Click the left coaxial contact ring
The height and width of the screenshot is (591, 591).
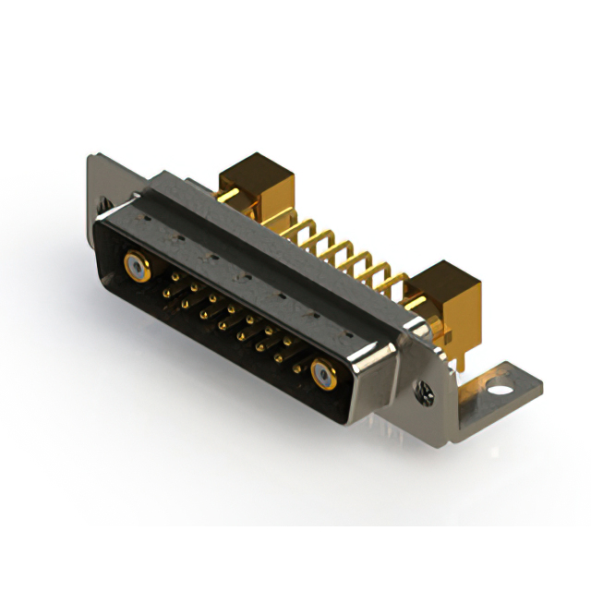pyautogui.click(x=136, y=269)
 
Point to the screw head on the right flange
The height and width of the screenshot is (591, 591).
pyautogui.click(x=426, y=392)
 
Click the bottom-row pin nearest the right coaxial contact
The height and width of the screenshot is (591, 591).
pyautogui.click(x=297, y=368)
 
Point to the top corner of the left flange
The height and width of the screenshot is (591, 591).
pyautogui.click(x=93, y=158)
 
